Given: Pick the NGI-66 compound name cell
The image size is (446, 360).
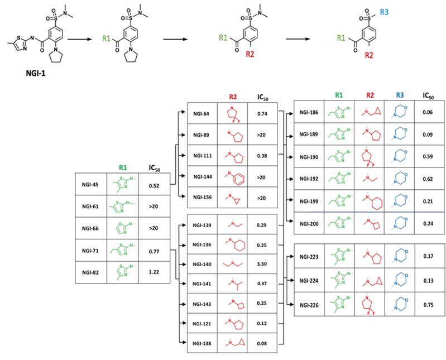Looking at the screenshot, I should [89, 228].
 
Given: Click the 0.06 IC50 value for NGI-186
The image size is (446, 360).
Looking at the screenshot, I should [429, 112].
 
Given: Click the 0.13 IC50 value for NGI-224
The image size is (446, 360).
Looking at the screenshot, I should [429, 280].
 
